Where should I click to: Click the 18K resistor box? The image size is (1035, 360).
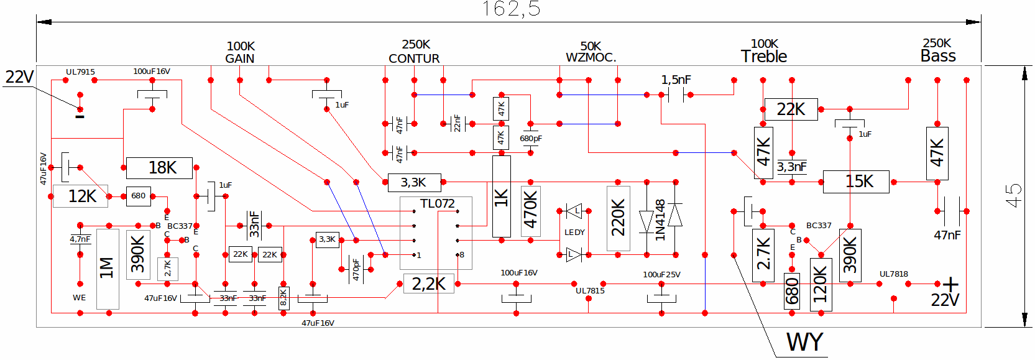point(159,168)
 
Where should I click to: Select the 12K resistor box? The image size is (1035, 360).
point(80,196)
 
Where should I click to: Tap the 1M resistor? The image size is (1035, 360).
point(108,269)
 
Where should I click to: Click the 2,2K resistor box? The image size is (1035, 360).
point(429,284)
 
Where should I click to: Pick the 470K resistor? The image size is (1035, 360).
point(530,211)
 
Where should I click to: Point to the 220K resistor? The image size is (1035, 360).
point(619,218)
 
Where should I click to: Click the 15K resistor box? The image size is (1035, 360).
point(856,182)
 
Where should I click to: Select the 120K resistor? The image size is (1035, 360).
point(821,285)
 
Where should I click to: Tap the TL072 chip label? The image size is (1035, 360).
point(437,203)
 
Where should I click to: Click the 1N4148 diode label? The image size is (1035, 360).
point(660,220)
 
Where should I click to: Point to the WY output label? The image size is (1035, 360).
point(805,343)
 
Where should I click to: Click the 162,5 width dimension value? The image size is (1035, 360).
point(511,9)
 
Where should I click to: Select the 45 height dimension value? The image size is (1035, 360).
point(1013,195)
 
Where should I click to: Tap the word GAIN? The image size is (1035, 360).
point(240,58)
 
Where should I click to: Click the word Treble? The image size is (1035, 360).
point(764,57)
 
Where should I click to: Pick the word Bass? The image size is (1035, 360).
point(938,56)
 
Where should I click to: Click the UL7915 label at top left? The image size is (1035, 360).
point(80,72)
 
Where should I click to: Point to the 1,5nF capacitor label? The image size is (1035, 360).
point(676,80)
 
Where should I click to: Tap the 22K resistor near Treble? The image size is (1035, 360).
point(791,109)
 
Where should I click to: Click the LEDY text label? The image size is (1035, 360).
point(575,233)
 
